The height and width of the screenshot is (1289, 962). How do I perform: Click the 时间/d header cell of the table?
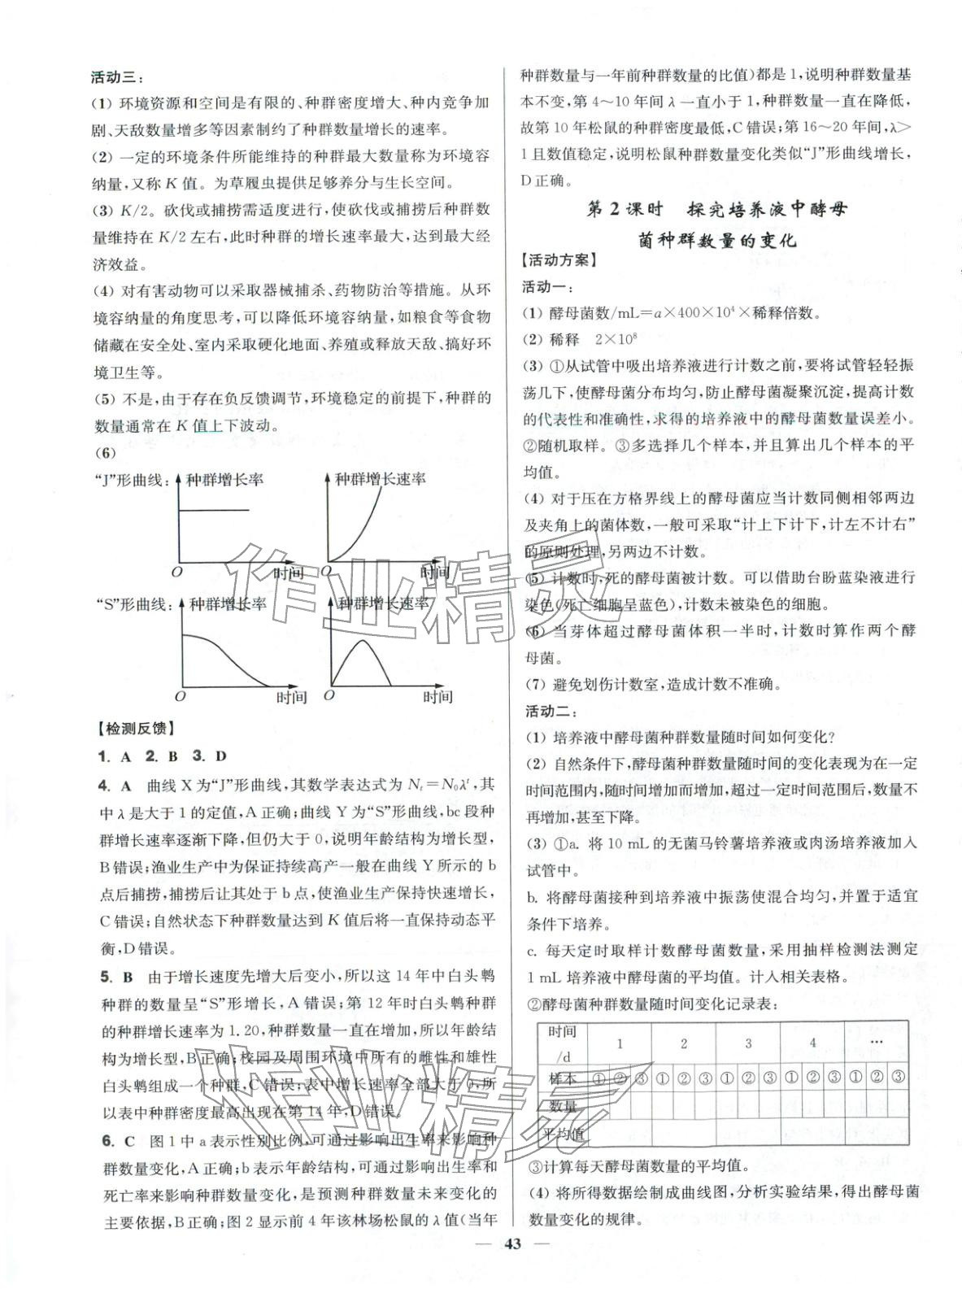click(x=561, y=1043)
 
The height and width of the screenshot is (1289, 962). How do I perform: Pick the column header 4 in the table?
click(x=812, y=1043)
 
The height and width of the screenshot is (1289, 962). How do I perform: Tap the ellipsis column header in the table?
click(x=877, y=1041)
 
